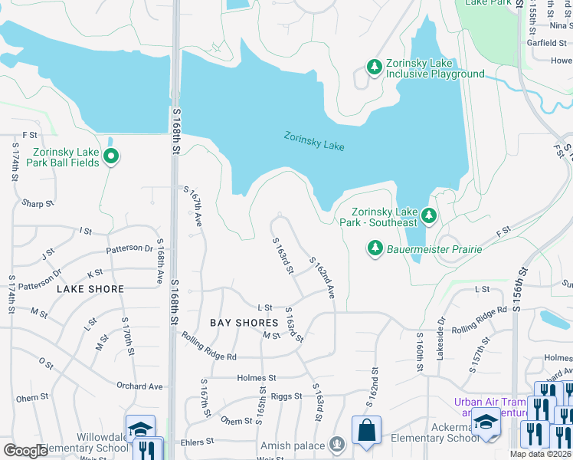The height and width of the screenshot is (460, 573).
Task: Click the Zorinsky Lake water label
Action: (x=314, y=142)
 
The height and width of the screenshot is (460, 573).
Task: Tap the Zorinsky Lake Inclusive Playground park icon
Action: (x=375, y=67)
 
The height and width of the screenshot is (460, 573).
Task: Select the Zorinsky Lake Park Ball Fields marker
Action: (x=111, y=156)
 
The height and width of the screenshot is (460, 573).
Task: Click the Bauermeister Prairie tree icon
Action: (x=375, y=247)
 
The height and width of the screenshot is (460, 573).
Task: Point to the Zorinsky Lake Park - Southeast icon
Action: (x=429, y=217)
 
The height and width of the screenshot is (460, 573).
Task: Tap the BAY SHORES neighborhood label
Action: (x=244, y=323)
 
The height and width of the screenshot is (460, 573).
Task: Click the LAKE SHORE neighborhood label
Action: (x=90, y=289)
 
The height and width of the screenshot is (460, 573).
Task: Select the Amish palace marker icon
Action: (x=336, y=444)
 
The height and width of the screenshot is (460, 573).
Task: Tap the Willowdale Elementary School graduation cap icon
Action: (x=140, y=429)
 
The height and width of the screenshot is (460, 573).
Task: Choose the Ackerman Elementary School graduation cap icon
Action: (x=486, y=421)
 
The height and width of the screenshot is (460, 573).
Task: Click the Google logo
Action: (x=25, y=450)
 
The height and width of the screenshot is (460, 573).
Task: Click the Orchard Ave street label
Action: (x=139, y=386)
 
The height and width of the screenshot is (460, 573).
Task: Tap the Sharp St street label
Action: (x=38, y=204)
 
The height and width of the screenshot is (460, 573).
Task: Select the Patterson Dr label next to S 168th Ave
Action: (x=129, y=248)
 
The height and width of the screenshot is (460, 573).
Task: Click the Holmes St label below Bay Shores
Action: (x=257, y=378)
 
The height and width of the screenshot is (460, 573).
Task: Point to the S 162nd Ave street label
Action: (x=323, y=278)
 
